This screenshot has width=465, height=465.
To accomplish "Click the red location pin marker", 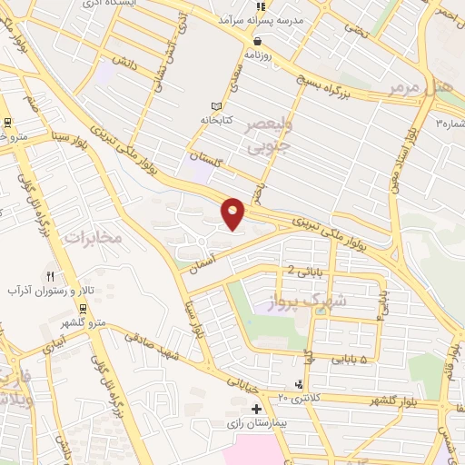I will [x=233, y=213].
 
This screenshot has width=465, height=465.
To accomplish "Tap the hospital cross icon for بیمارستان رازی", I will [x=257, y=410].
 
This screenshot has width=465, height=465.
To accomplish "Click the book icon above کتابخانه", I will [x=215, y=105].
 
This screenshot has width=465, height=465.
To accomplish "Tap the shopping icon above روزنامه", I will [x=258, y=41].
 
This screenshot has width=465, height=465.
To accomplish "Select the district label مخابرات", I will [x=93, y=235].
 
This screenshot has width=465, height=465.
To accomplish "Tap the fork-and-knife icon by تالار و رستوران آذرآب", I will [x=51, y=276].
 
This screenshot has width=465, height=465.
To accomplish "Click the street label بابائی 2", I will [x=303, y=271].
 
